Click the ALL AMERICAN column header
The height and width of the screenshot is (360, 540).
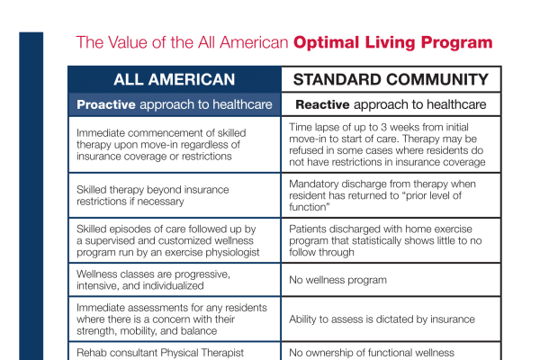pyautogui.click(x=175, y=79)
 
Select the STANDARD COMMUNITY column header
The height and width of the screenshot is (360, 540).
pyautogui.click(x=391, y=79)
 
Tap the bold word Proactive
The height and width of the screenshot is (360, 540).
pyautogui.click(x=106, y=104)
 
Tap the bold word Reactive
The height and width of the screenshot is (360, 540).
pyautogui.click(x=322, y=104)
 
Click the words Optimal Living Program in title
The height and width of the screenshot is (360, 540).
pyautogui.click(x=393, y=43)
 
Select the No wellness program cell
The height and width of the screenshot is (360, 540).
pyautogui.click(x=391, y=280)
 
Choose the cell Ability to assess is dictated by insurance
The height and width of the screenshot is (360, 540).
pyautogui.click(x=391, y=319)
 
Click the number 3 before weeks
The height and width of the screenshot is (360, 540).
pyautogui.click(x=383, y=128)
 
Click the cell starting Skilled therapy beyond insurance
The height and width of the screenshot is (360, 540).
pyautogui.click(x=175, y=195)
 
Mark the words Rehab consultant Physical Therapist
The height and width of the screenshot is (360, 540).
pyautogui.click(x=160, y=353)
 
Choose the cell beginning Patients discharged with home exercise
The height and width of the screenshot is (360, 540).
pyautogui.click(x=391, y=240)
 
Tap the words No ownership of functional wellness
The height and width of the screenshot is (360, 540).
pyautogui.click(x=372, y=353)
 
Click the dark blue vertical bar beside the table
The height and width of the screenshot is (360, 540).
pyautogui.click(x=31, y=196)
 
